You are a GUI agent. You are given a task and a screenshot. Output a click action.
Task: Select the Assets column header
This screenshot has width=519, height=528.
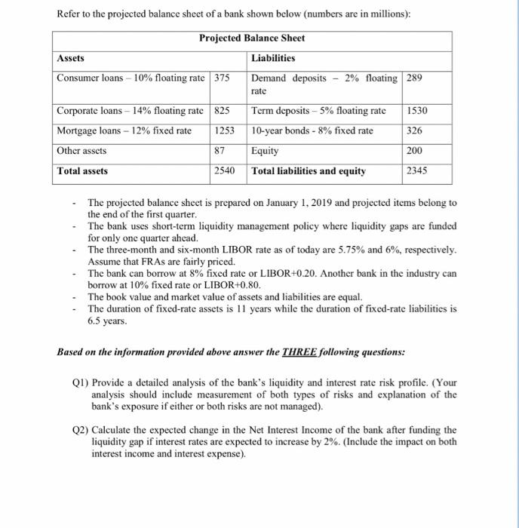point(72,58)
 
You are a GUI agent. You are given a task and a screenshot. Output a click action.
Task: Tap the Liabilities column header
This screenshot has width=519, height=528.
point(273,58)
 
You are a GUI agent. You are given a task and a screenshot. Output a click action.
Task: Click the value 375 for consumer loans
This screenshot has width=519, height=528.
point(223,78)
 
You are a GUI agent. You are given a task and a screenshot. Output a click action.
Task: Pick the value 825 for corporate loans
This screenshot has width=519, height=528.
point(223,111)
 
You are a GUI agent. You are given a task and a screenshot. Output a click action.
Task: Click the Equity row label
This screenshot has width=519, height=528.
point(266,151)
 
